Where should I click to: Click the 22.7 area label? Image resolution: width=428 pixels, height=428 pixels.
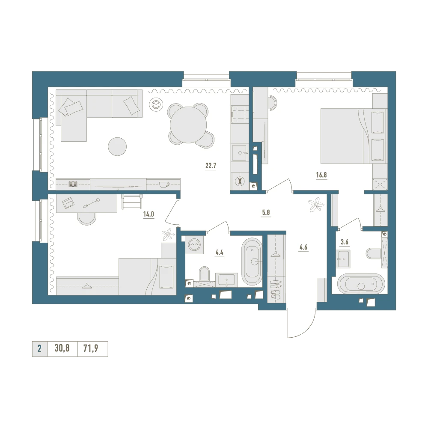(211, 165)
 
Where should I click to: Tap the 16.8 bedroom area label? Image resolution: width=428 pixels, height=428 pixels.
(321, 175)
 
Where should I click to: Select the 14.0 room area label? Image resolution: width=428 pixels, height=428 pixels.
(149, 214)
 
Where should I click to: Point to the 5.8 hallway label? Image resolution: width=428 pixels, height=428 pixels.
(266, 212)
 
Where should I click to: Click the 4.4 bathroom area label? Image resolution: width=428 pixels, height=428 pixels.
(219, 252)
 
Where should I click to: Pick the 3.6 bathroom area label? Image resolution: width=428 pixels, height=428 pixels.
(345, 242)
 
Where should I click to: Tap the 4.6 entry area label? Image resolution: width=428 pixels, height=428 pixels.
(303, 247)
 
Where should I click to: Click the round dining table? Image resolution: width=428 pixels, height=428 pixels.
(188, 125)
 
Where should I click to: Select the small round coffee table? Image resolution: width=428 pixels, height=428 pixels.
(117, 146)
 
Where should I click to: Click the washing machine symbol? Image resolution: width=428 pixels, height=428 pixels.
(194, 244)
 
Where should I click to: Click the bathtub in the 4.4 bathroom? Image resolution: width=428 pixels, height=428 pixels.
(252, 262)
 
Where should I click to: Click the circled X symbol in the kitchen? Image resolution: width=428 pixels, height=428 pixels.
(240, 181)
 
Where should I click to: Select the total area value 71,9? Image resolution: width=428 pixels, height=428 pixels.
(91, 348)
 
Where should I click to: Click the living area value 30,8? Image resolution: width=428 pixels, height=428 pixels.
(62, 348)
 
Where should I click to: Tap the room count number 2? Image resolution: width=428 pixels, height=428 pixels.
(39, 348)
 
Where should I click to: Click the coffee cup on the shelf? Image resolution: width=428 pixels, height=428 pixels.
(164, 184)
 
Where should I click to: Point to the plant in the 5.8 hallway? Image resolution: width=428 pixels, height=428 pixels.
(316, 205)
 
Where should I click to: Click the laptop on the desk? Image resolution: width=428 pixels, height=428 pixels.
(68, 202)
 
